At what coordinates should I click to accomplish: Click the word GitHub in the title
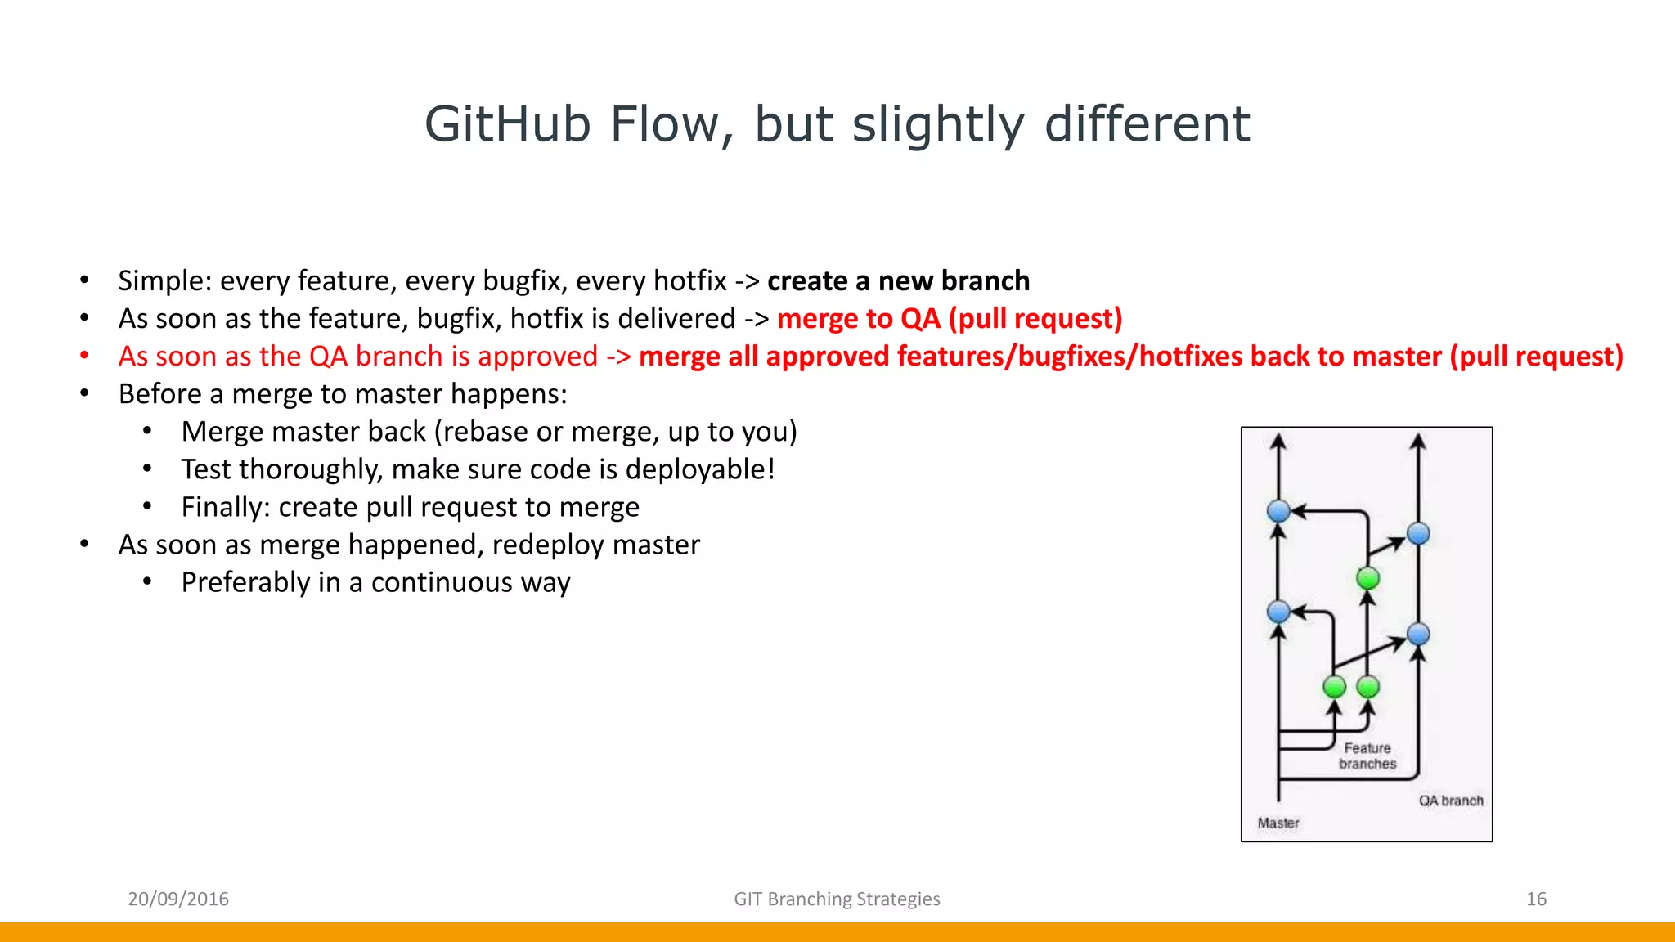(507, 125)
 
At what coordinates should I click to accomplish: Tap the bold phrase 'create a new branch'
(898, 281)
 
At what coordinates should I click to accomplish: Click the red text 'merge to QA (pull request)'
(950, 319)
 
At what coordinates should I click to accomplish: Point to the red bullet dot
(84, 356)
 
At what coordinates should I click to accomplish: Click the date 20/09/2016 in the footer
(178, 899)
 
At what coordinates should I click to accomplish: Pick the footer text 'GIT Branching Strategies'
(837, 899)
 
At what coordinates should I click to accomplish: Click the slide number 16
(1536, 899)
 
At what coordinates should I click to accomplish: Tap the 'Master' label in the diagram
(1278, 823)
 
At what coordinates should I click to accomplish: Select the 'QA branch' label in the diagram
(1451, 801)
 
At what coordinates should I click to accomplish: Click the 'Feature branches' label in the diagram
(1367, 756)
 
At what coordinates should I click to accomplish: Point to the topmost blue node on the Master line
(1278, 511)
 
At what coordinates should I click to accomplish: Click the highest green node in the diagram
(1367, 578)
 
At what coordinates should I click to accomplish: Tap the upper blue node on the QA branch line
(1418, 534)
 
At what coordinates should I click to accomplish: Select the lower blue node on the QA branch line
(1418, 634)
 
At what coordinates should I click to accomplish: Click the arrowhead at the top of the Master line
(1278, 442)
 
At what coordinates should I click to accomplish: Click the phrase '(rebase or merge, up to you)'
(616, 432)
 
